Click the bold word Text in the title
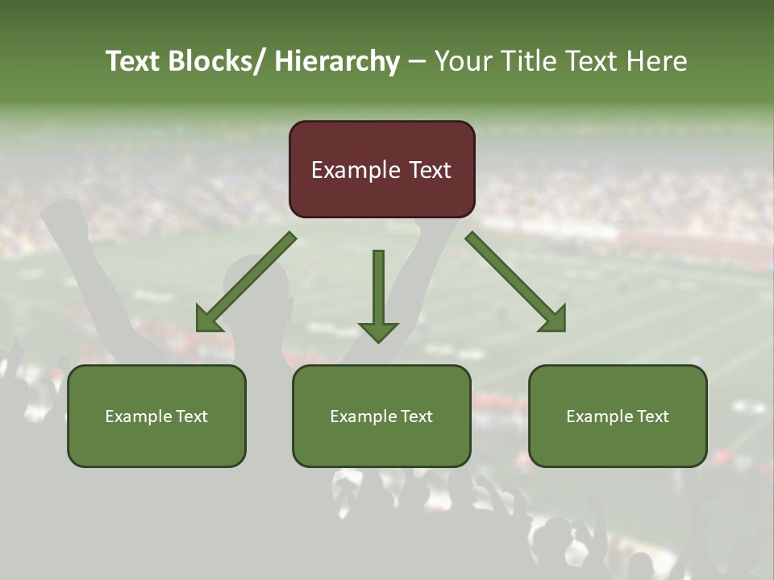tap(133, 61)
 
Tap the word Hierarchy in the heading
tap(336, 61)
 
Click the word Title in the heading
tap(531, 61)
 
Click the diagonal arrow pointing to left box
tap(246, 283)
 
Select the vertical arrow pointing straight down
tap(378, 296)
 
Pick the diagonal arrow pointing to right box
tap(516, 283)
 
